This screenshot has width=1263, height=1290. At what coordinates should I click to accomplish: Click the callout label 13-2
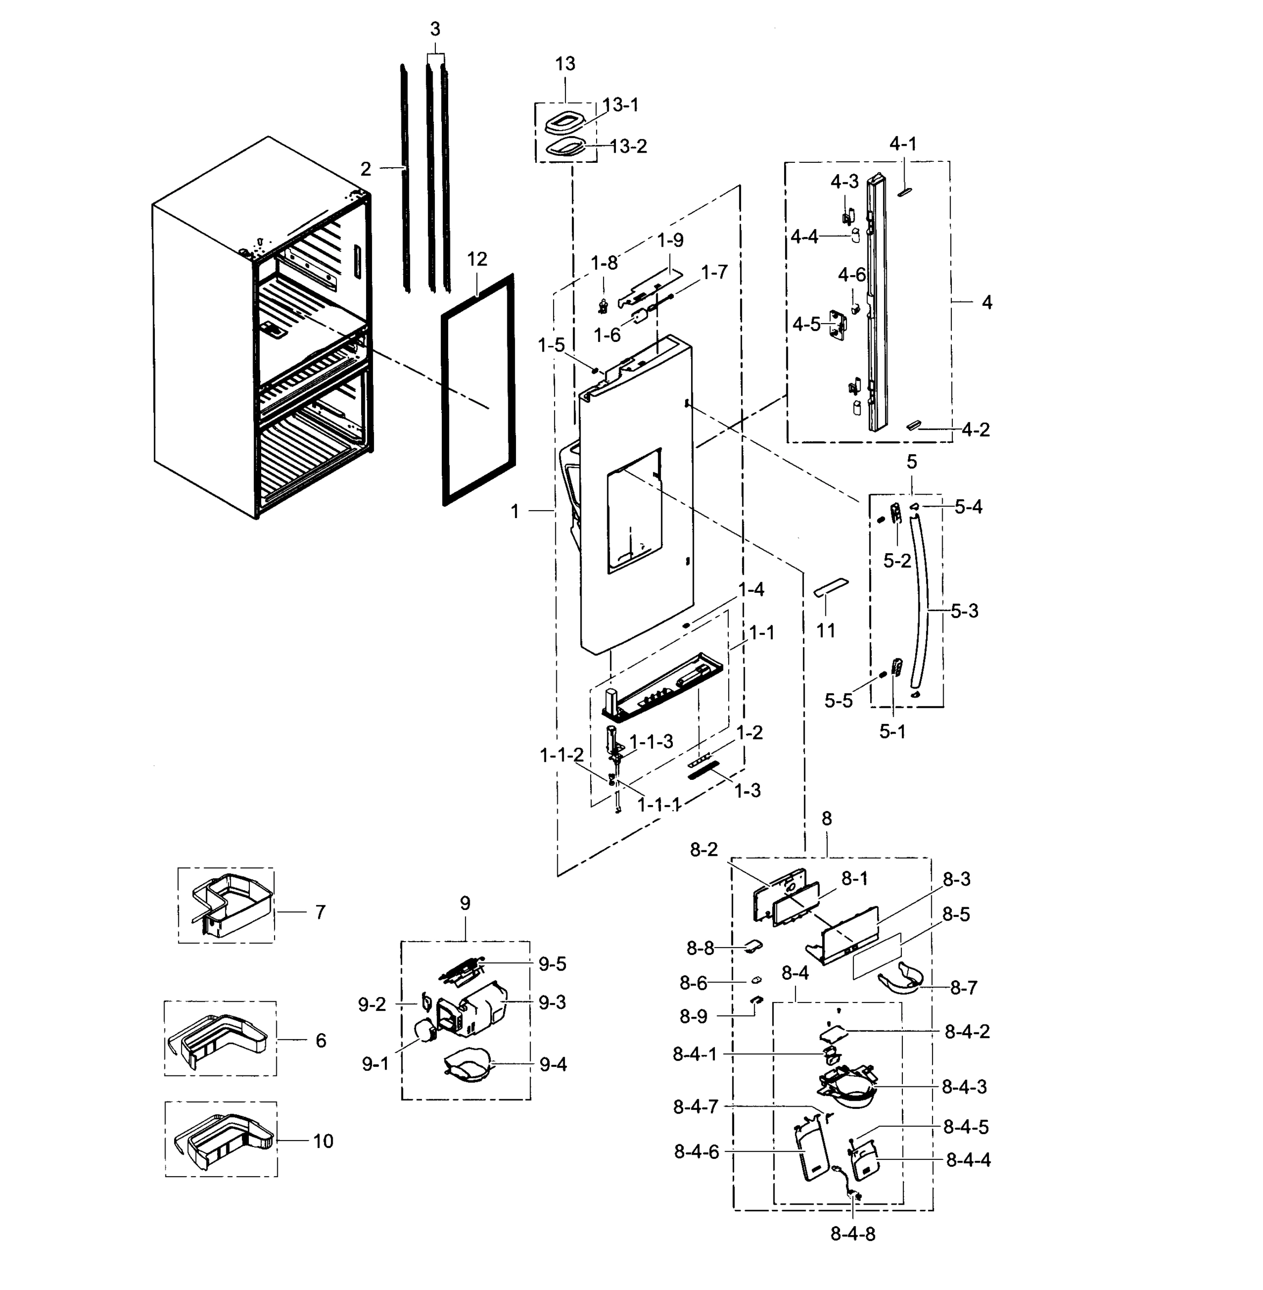[x=628, y=147]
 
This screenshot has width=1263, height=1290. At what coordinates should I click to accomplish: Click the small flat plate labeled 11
[x=830, y=587]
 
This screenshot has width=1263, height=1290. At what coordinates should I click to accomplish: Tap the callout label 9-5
[x=552, y=964]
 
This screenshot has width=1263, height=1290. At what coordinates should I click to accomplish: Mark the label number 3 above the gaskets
[x=435, y=29]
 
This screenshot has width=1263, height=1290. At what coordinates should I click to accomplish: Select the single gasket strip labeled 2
[x=403, y=179]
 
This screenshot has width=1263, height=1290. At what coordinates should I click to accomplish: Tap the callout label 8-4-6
[x=697, y=1152]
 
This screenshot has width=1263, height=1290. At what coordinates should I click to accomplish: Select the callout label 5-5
[x=838, y=701]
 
